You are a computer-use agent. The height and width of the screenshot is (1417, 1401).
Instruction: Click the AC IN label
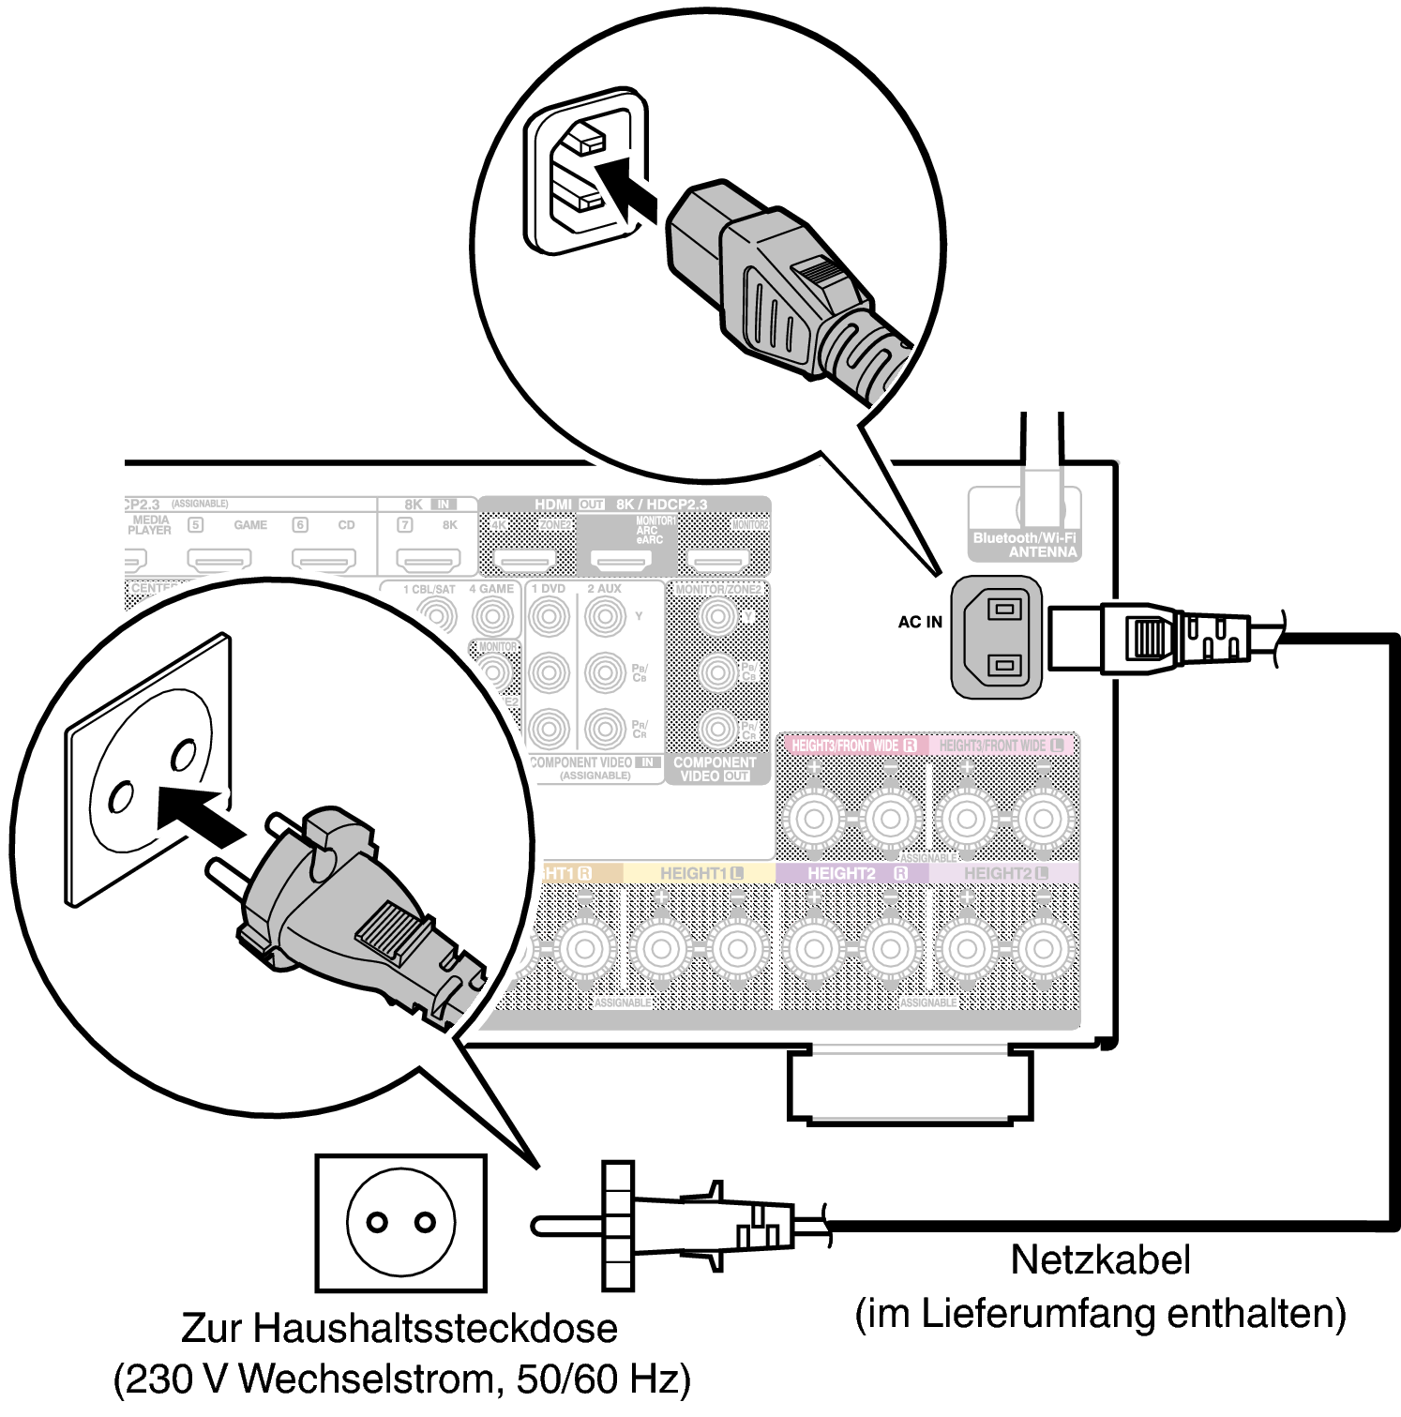tap(920, 622)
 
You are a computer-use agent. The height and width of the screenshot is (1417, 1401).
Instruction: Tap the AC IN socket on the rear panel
tap(998, 638)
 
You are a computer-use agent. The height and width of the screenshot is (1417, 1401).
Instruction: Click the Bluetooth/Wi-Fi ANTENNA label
tap(1025, 545)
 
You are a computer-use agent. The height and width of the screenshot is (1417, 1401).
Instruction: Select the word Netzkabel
tap(1100, 1259)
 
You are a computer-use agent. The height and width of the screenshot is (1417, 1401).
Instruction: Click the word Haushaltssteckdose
tap(433, 1328)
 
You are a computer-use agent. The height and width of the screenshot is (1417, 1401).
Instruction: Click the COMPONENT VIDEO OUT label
tap(715, 769)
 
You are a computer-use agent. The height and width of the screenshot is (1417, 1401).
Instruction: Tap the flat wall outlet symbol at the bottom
tap(400, 1223)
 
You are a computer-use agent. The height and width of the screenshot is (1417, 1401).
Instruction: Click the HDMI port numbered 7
tap(428, 561)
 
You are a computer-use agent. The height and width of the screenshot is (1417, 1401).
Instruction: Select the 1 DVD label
tap(549, 589)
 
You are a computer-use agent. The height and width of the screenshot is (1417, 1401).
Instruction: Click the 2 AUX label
tap(604, 589)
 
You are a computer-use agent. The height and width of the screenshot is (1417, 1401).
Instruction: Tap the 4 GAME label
tap(491, 589)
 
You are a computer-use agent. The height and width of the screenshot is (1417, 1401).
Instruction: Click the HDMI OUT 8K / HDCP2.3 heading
tap(621, 505)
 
